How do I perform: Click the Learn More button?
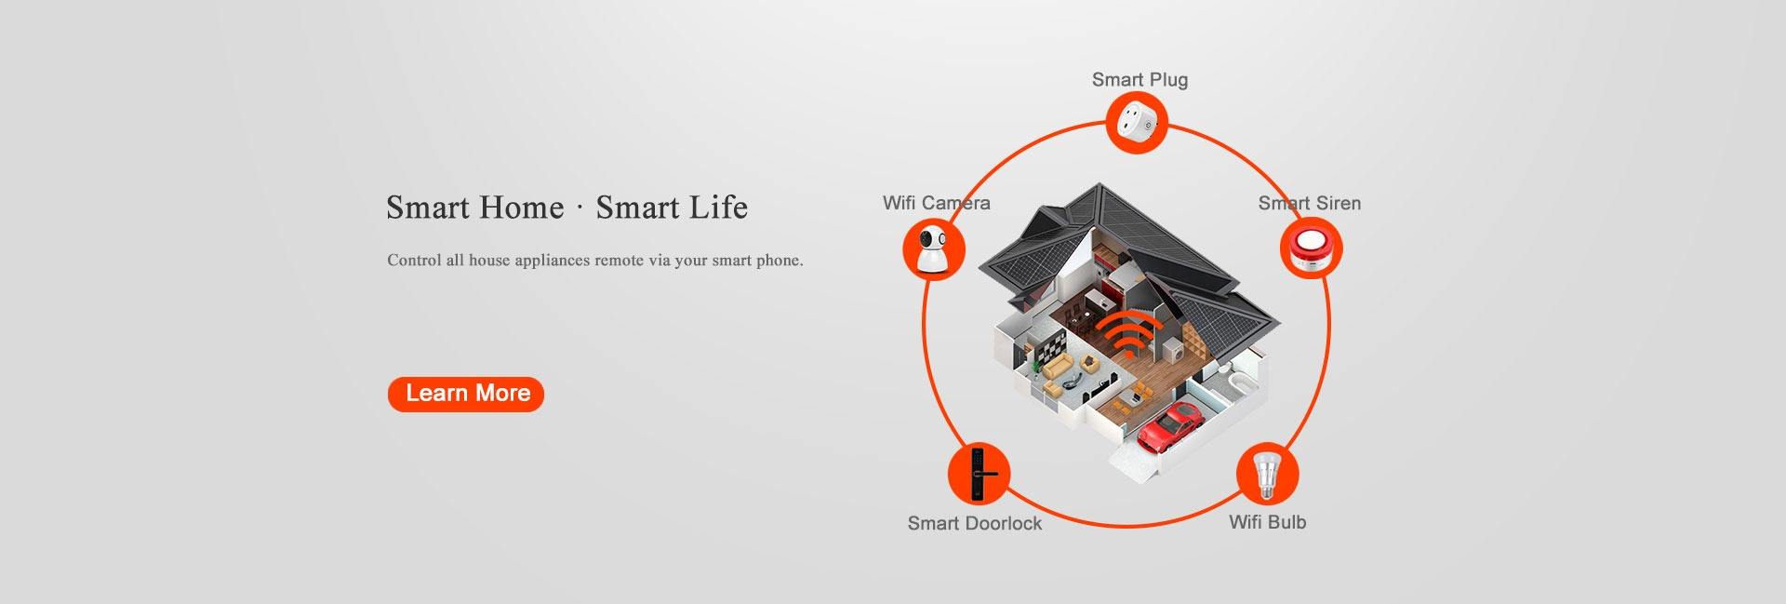click(x=466, y=394)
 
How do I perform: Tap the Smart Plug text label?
click(x=1140, y=80)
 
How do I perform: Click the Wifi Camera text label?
click(x=936, y=203)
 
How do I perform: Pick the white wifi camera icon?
click(x=933, y=248)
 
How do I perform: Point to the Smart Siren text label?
click(x=1309, y=203)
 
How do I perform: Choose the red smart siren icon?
click(x=1311, y=248)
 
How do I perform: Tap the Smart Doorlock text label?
click(x=974, y=523)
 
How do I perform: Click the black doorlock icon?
click(x=979, y=473)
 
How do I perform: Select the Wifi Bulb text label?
click(x=1267, y=522)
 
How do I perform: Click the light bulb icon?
click(x=1266, y=474)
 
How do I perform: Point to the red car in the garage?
click(x=1169, y=425)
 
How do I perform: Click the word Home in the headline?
click(x=519, y=208)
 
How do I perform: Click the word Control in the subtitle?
click(x=414, y=261)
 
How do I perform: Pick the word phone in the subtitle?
click(x=780, y=261)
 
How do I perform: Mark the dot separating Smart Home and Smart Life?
click(x=580, y=208)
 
